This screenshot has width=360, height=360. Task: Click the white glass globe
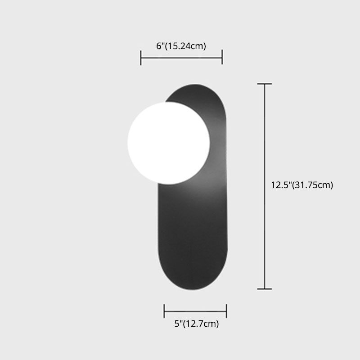tap(168, 142)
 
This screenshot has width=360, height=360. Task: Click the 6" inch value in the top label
tap(159, 46)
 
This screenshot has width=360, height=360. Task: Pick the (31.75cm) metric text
tap(313, 185)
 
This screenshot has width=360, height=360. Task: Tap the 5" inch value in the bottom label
tap(177, 324)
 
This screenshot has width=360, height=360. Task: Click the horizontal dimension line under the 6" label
tap(181, 58)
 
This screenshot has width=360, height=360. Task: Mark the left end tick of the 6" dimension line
tap(141, 58)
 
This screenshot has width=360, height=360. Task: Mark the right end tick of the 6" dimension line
tap(222, 58)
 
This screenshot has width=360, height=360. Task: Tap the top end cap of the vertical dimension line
tap(264, 84)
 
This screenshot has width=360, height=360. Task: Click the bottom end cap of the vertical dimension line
tap(264, 288)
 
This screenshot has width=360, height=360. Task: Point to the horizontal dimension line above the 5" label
tap(195, 310)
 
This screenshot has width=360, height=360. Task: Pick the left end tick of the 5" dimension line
tap(165, 310)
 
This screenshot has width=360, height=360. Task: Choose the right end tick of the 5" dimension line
tap(226, 310)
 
